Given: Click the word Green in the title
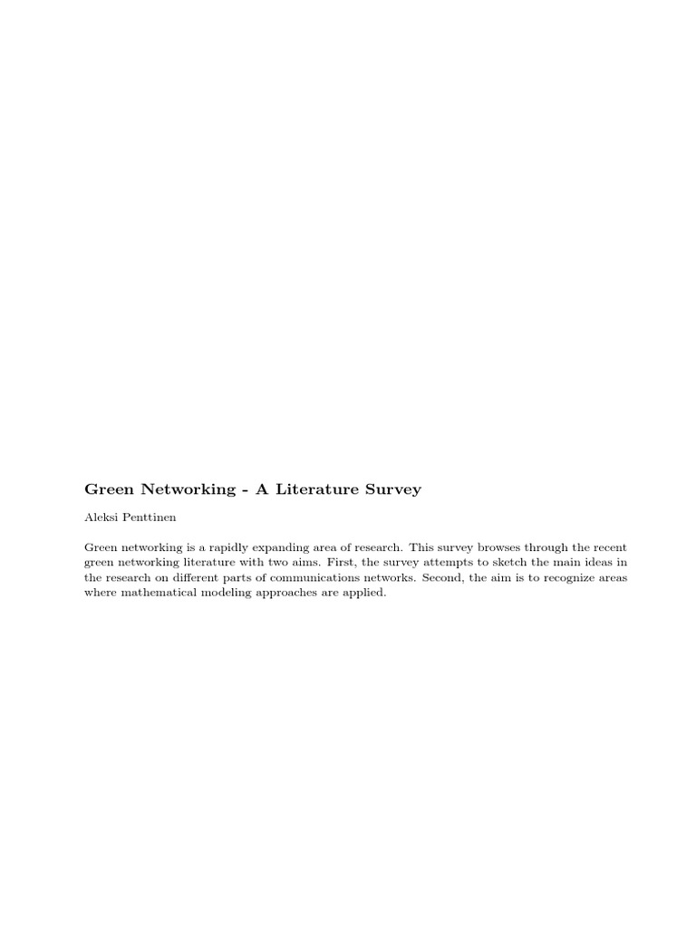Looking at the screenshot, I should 109,489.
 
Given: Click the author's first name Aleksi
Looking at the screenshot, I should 101,518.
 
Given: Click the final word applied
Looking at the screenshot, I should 364,592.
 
